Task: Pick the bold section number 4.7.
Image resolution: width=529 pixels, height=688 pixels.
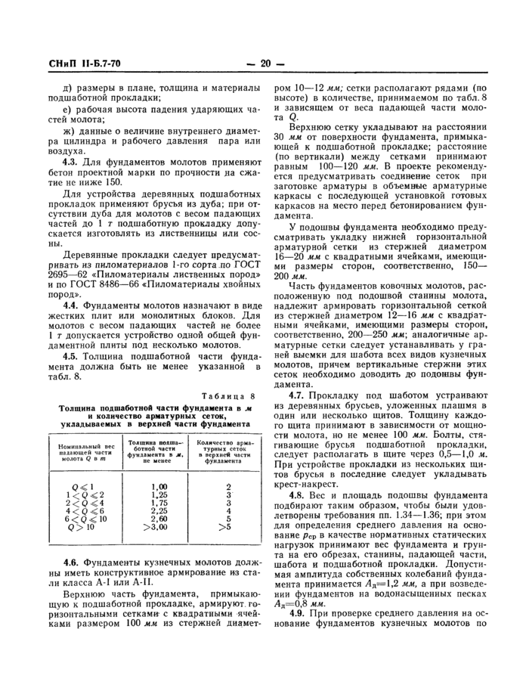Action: point(299,395)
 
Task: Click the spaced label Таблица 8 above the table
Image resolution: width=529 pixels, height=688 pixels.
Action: point(230,396)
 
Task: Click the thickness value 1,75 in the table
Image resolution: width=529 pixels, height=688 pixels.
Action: point(158,504)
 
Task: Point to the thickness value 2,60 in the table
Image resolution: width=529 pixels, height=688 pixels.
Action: point(158,520)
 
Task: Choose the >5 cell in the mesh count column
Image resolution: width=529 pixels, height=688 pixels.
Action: point(222,528)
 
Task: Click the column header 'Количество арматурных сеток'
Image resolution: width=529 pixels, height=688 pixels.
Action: point(222,449)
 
